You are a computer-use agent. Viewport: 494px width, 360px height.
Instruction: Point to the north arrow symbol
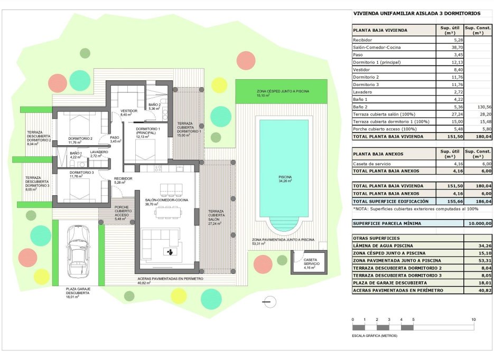pyautogui.click(x=267, y=301)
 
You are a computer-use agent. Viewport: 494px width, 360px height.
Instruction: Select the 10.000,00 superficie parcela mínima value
pyautogui.click(x=478, y=223)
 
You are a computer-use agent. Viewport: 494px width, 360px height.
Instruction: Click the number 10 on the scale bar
pyautogui.click(x=473, y=320)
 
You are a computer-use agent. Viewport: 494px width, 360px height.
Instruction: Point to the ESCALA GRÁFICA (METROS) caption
pyautogui.click(x=375, y=335)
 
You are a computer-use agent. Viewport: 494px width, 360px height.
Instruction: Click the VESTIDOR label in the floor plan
pyautogui.click(x=129, y=111)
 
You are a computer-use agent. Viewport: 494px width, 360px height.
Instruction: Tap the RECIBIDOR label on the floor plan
pyautogui.click(x=123, y=179)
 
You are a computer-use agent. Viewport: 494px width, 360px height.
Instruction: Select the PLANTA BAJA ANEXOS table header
pyautogui.click(x=378, y=154)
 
